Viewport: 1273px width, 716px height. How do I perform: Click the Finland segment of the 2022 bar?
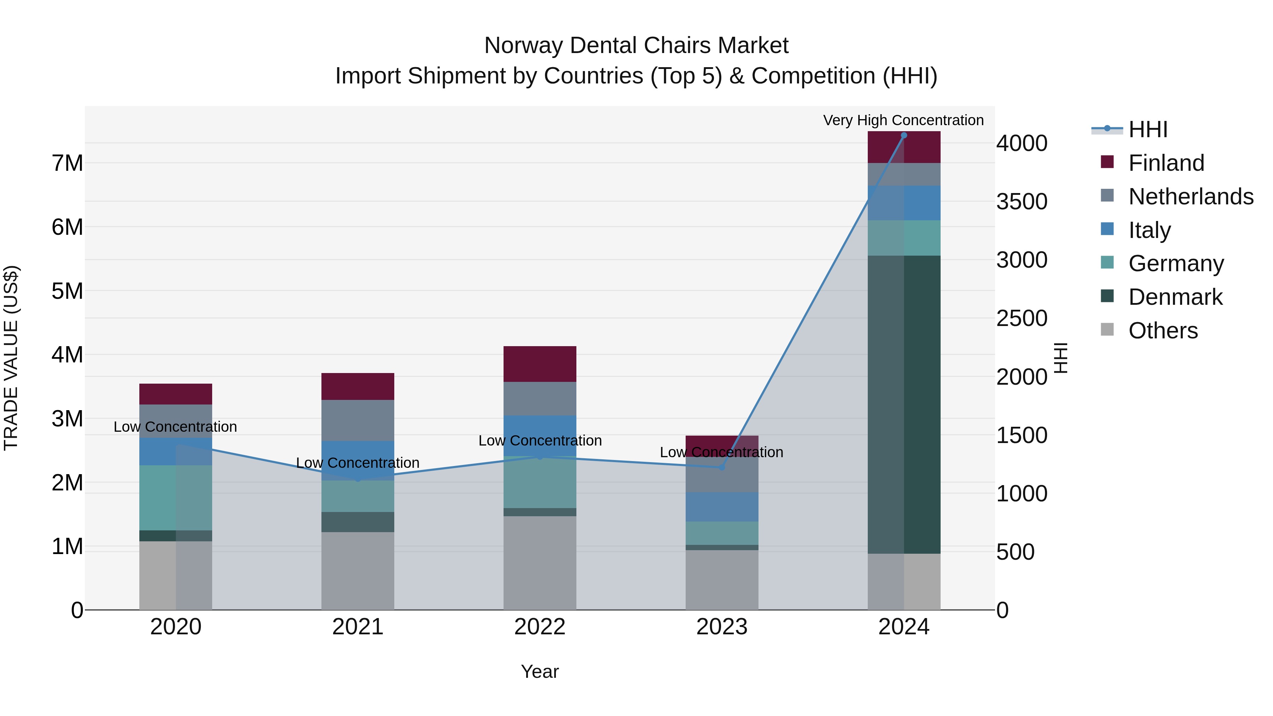coord(540,364)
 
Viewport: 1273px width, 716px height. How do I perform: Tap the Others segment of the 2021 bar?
coord(358,571)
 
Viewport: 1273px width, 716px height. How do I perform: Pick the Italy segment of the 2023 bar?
coord(721,506)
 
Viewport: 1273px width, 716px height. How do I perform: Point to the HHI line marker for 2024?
coord(904,135)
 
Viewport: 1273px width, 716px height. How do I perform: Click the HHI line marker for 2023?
coord(721,467)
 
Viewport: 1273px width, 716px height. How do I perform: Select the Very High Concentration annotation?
coord(903,120)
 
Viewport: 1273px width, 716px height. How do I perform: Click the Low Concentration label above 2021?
coord(358,463)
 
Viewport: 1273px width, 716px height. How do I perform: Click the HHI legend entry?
coord(1147,129)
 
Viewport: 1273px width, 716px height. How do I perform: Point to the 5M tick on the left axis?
coord(67,291)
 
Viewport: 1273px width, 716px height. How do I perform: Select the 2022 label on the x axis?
coord(540,627)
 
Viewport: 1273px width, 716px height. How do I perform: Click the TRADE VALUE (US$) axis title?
coord(11,358)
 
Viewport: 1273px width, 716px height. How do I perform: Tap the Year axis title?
coord(540,671)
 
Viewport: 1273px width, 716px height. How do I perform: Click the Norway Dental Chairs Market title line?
coord(636,46)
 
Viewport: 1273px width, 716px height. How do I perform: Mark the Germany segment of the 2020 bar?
coord(175,497)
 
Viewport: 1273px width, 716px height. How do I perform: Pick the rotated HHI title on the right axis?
coord(1060,358)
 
